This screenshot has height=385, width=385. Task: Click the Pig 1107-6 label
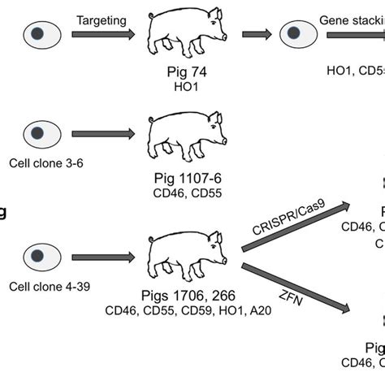187,179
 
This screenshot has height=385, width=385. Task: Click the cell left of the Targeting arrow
38,34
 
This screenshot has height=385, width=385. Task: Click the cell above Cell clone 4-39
38,257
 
